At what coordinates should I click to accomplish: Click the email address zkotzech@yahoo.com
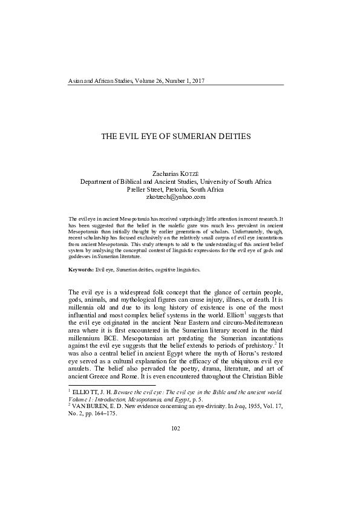coord(175,196)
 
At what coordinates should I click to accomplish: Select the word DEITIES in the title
coord(237,137)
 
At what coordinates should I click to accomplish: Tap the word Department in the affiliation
coord(99,181)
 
